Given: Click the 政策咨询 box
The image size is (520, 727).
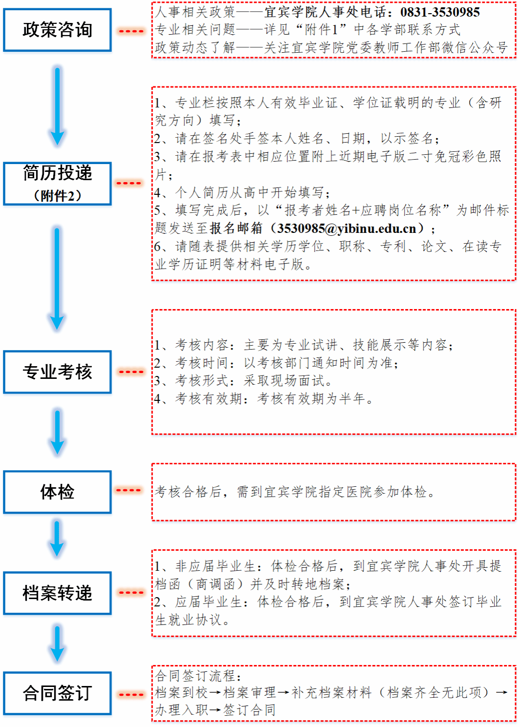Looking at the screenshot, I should pos(57,30).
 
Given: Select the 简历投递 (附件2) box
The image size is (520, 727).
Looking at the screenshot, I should pos(57,183).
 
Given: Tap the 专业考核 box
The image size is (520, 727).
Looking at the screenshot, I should pos(57,372).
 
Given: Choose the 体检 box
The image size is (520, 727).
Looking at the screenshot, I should pos(57,492).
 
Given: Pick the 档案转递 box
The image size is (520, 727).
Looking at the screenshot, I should pos(57,593).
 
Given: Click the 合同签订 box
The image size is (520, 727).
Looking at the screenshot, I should pos(57,693).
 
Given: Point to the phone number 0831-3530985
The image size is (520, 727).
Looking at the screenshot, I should pos(440,12).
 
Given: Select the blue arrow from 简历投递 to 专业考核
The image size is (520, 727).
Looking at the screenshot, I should pos(57,278).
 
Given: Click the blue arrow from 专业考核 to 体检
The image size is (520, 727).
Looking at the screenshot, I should pos(57,432).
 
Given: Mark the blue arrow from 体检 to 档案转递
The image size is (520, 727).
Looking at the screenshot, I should pos(57,539).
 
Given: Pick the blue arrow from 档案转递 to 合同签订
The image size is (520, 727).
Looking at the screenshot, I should pos(57,643).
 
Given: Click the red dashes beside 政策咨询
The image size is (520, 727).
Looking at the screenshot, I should pos(131,31).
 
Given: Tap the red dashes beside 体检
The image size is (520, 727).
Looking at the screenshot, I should pos(129,490).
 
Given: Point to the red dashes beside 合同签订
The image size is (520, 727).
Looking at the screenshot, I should pos(131,694).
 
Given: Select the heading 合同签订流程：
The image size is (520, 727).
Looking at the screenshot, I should pos(198,676).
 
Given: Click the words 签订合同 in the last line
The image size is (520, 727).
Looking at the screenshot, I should pos(250,710).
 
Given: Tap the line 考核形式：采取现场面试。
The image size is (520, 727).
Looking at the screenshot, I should pos(243,381).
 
